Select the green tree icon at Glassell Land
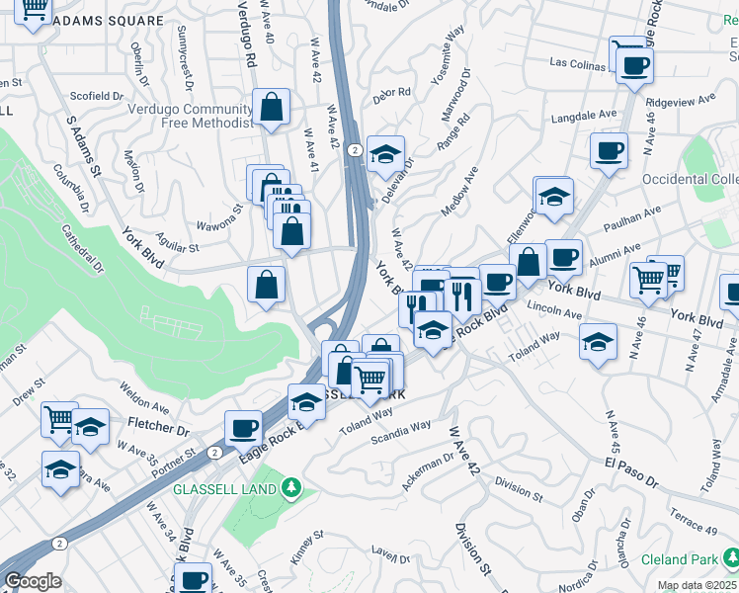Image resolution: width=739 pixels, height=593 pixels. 290,487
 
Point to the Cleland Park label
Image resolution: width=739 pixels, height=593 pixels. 678,559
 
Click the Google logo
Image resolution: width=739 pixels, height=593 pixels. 34,581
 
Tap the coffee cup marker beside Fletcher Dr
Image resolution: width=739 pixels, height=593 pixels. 243,428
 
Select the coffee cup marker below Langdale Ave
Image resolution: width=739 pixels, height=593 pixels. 609,151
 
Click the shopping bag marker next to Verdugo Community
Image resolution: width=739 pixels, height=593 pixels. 271,109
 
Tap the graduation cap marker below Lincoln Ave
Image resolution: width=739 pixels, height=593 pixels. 597,343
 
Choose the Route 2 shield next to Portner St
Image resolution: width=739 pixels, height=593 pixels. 214,452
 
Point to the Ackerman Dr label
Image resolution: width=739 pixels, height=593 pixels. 427,474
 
